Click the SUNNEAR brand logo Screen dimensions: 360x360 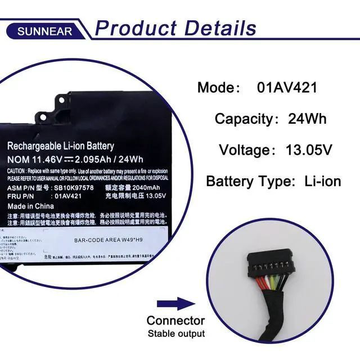click(x=44, y=31)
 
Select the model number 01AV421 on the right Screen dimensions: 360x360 click(x=287, y=88)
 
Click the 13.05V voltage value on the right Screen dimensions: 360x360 click(x=308, y=150)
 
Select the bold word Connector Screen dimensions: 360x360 click(x=175, y=321)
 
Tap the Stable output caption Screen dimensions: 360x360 click(x=176, y=334)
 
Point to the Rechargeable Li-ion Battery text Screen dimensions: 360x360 click(x=61, y=146)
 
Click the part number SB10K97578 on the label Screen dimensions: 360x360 click(x=74, y=187)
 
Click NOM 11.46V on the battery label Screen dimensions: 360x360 click(x=35, y=159)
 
